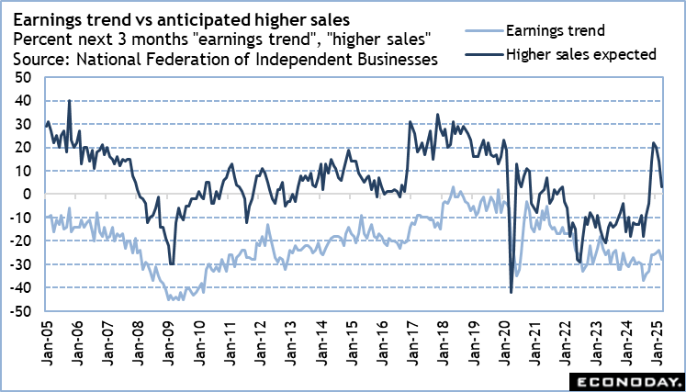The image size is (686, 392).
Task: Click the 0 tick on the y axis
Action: (x=26, y=195)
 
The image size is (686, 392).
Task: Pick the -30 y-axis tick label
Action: (x=19, y=265)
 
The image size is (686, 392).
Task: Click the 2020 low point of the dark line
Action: (x=511, y=293)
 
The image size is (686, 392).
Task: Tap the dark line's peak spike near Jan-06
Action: (x=70, y=101)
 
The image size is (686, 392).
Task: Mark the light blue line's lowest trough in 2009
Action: (x=169, y=299)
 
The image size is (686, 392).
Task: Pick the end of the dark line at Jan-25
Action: (x=663, y=186)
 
